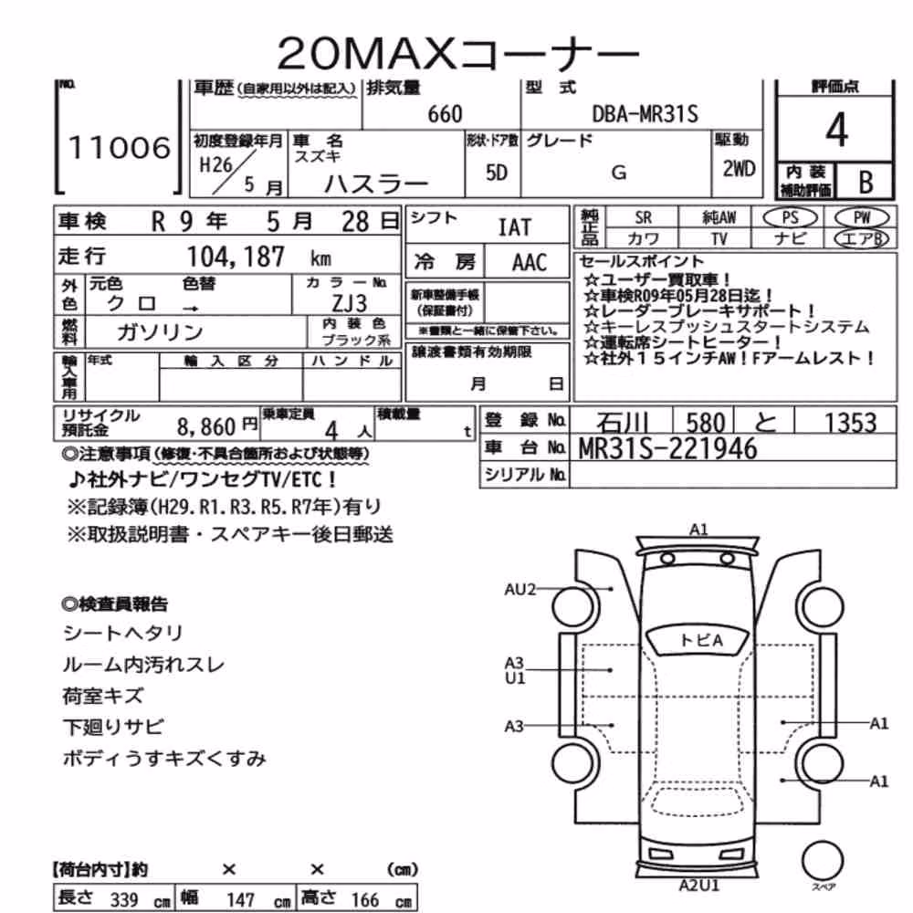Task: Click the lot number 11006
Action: (120, 147)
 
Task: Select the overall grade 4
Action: (836, 130)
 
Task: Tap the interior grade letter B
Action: (866, 183)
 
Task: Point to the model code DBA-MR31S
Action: (645, 113)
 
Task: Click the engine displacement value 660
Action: (445, 114)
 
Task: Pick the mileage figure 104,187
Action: (236, 257)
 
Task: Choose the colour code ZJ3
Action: (349, 303)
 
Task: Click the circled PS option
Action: (790, 218)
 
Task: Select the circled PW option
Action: (862, 218)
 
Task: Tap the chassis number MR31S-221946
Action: (667, 448)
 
